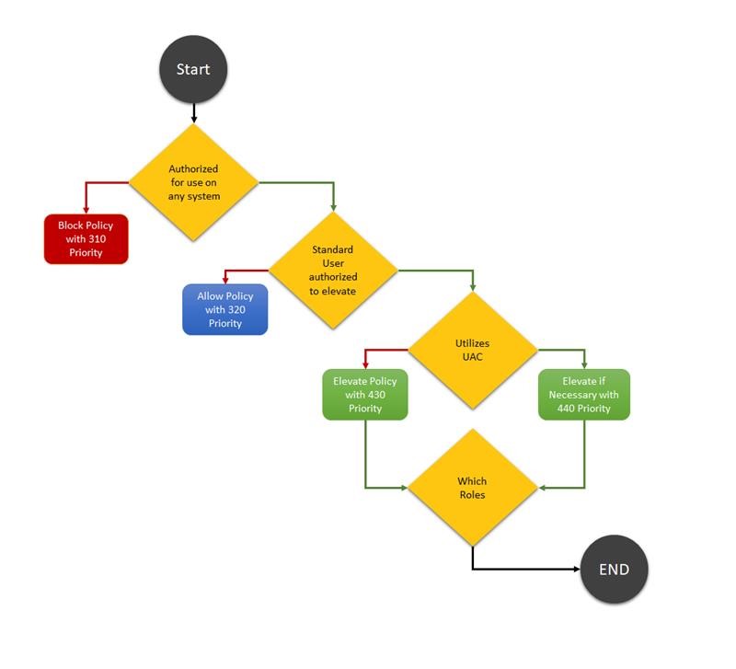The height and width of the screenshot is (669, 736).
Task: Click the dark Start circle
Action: tap(193, 69)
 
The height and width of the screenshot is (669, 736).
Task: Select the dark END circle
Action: tap(614, 570)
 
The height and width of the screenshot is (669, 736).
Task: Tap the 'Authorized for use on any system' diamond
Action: tap(193, 182)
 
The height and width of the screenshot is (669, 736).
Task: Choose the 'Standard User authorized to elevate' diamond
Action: tap(332, 271)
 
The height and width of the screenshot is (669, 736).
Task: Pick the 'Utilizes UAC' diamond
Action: tap(472, 350)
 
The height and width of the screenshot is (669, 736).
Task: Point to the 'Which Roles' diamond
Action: tap(472, 488)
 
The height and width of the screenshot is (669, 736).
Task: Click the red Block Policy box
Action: tap(86, 238)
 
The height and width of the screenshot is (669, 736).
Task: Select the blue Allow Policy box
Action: tap(225, 309)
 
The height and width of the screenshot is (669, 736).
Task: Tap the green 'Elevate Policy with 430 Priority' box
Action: tap(364, 395)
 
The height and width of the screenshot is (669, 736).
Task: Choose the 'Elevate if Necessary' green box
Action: tap(584, 395)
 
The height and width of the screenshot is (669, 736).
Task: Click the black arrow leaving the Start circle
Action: tap(193, 112)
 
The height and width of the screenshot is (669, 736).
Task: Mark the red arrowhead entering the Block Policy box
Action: tap(86, 210)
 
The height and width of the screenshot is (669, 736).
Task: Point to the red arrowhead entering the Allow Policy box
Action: tap(225, 280)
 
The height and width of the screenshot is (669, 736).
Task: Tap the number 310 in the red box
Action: tap(98, 238)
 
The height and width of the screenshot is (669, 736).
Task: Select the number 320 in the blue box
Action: tap(236, 309)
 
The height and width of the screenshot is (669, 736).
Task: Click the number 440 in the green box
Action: tap(568, 409)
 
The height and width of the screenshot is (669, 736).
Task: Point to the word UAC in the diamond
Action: tap(472, 356)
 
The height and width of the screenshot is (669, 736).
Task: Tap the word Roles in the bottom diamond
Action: tap(472, 495)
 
